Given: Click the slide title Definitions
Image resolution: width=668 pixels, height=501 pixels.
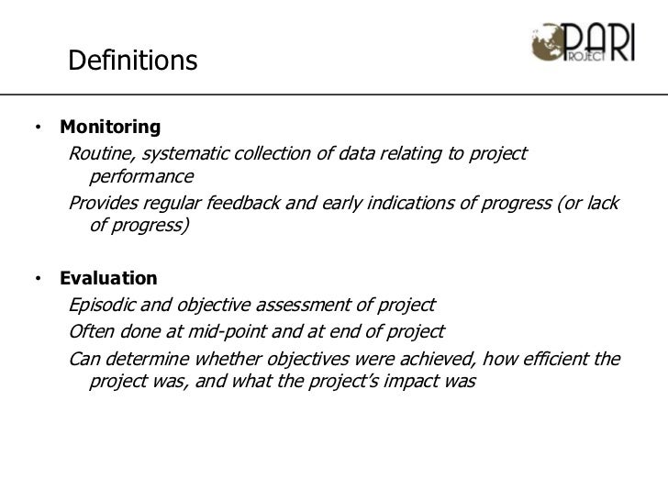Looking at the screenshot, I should [133, 61].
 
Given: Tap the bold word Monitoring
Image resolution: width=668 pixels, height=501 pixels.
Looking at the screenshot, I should [110, 127].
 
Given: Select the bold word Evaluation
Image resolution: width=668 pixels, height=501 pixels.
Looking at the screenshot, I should [108, 278].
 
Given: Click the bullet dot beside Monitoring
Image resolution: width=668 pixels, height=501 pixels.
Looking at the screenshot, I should [40, 127].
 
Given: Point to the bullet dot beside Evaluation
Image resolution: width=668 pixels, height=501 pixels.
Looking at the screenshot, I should [40, 278].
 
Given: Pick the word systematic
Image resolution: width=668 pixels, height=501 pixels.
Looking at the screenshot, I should [182, 152].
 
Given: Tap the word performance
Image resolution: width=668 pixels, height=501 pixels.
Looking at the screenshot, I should [142, 175].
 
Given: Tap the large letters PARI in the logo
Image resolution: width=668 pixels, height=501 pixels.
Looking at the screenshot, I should [600, 41].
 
